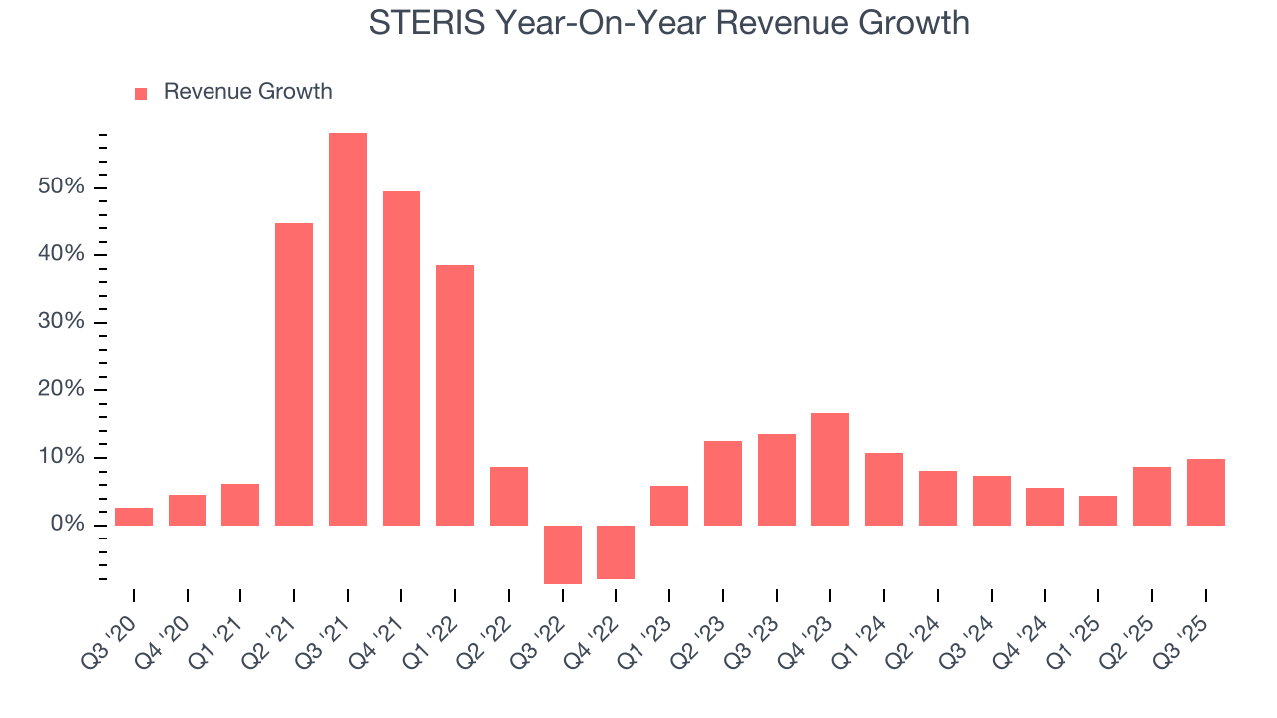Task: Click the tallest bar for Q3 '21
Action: pyautogui.click(x=348, y=329)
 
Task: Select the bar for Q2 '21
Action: pyautogui.click(x=294, y=374)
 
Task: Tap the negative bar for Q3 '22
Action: pyautogui.click(x=563, y=554)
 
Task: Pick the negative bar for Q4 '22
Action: pyautogui.click(x=616, y=552)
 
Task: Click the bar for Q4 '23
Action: pyautogui.click(x=830, y=469)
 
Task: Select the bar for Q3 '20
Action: pyautogui.click(x=134, y=517)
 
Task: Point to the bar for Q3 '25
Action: pyautogui.click(x=1205, y=492)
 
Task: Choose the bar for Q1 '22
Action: pyautogui.click(x=455, y=395)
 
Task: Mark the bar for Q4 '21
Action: pyautogui.click(x=401, y=358)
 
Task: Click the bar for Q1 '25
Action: pyautogui.click(x=1098, y=511)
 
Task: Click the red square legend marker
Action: pyautogui.click(x=141, y=93)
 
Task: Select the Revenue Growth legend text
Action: pyautogui.click(x=247, y=92)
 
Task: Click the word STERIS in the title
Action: pyautogui.click(x=425, y=22)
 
